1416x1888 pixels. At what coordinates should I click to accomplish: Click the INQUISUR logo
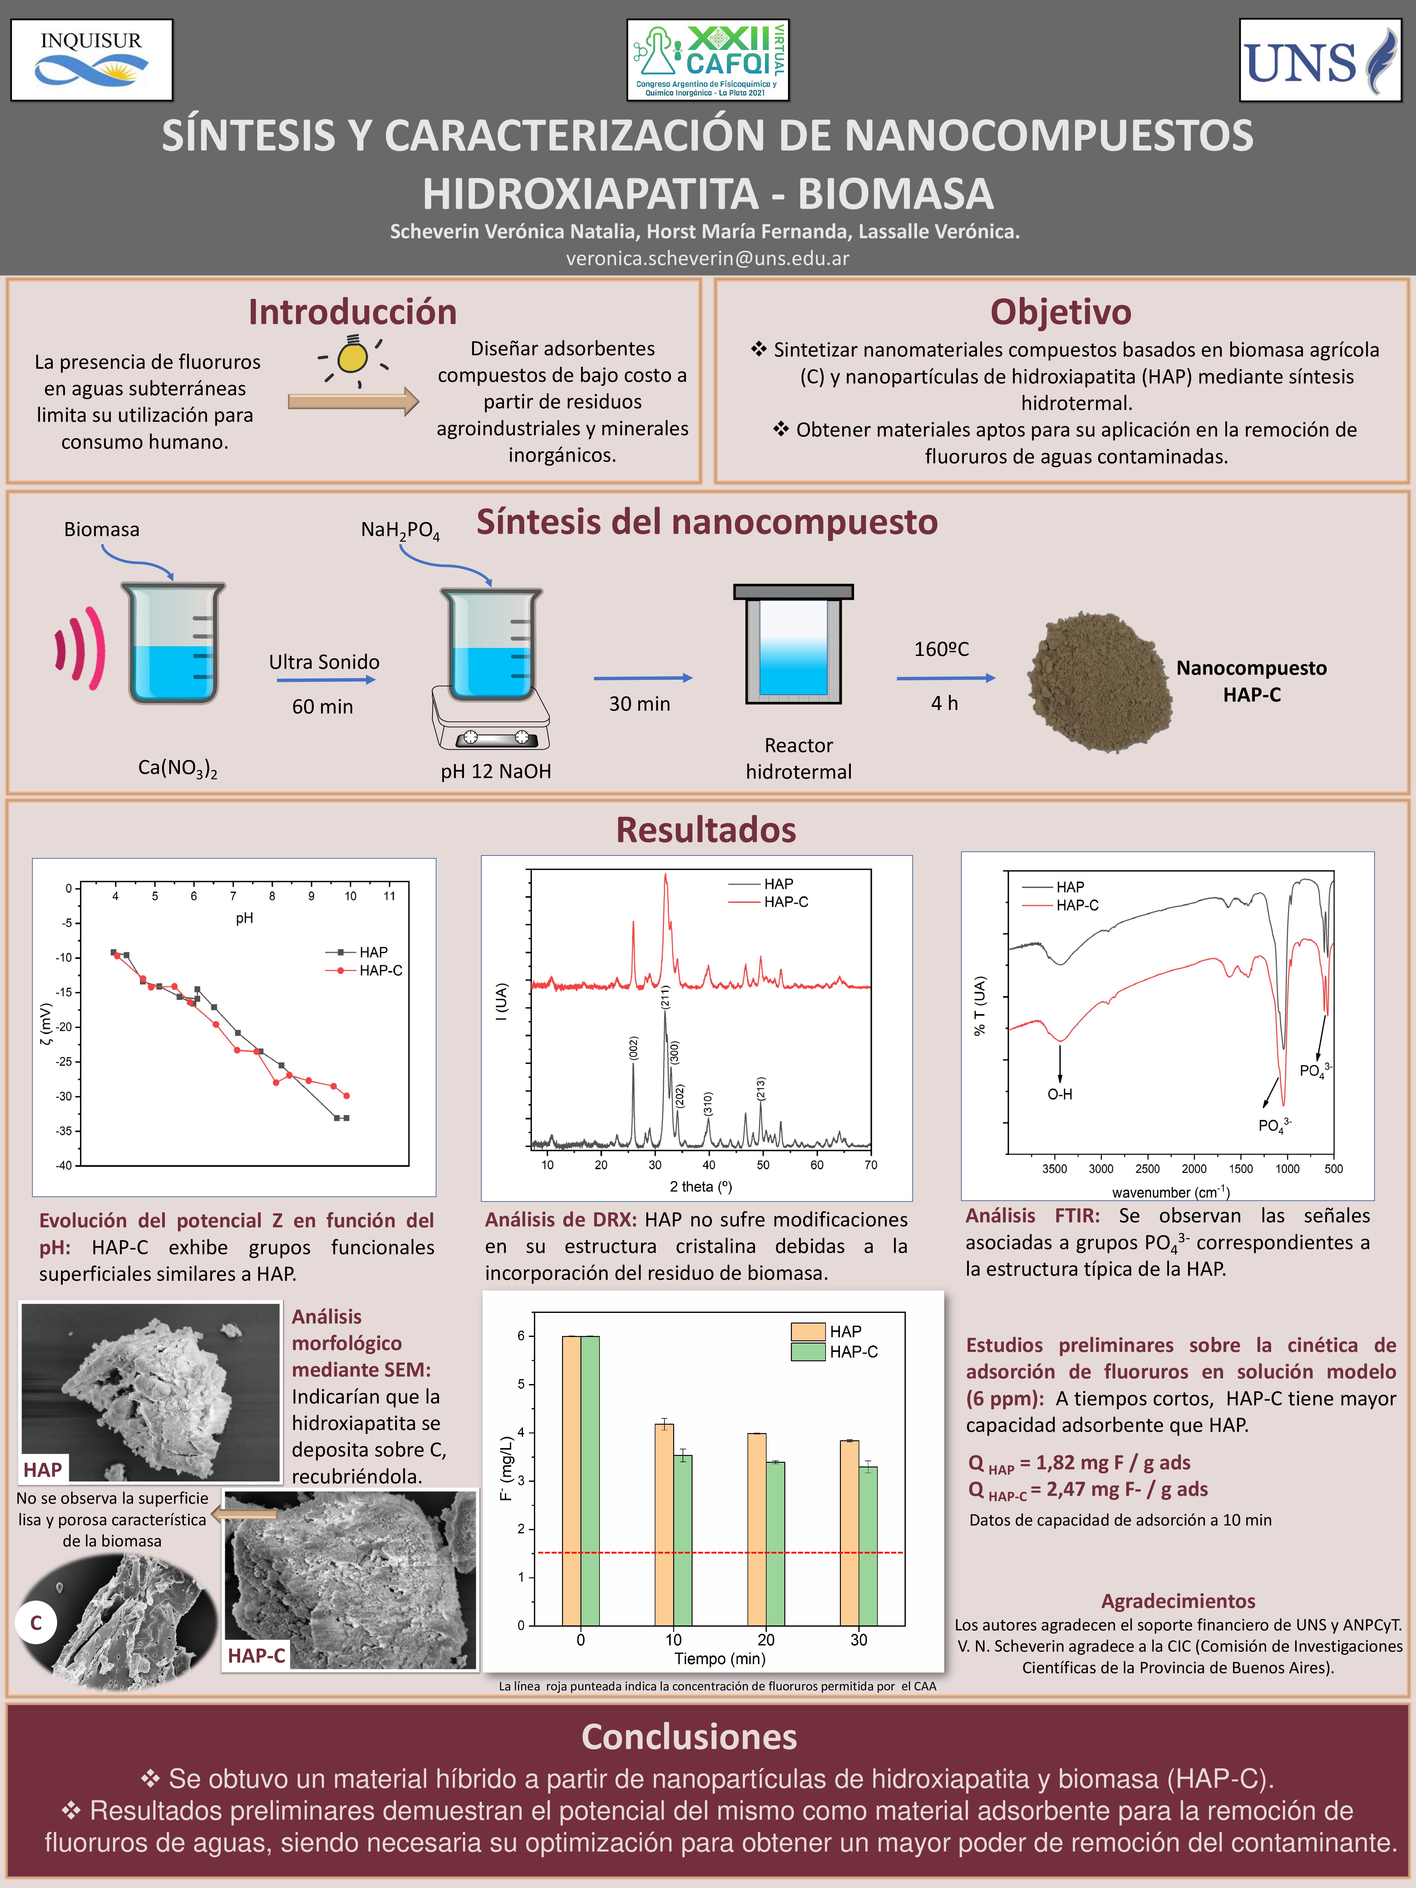coord(91,60)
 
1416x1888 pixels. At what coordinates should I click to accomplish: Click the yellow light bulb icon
coord(352,357)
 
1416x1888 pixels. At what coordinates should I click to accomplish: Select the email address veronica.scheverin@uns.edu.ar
coord(708,258)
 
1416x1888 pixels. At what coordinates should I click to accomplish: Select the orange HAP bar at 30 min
coord(849,1532)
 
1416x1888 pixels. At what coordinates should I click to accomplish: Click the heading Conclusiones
coord(690,1737)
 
